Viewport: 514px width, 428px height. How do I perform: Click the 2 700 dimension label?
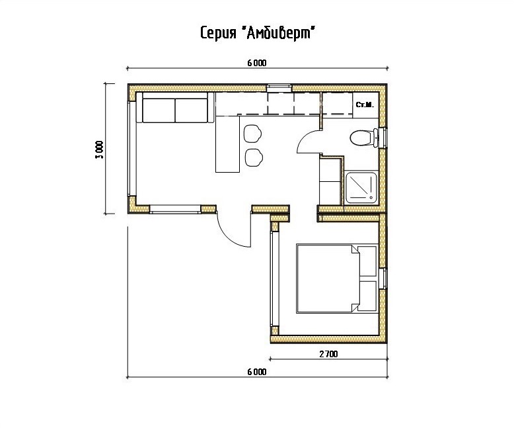point(328,354)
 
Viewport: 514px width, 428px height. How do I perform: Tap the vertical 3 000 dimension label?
point(99,150)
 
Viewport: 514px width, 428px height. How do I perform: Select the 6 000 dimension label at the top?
point(257,63)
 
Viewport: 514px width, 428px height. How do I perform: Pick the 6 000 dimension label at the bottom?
point(257,372)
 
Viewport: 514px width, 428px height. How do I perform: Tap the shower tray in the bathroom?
point(361,187)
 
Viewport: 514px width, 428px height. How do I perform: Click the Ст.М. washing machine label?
point(365,105)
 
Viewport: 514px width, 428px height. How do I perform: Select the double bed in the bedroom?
point(337,278)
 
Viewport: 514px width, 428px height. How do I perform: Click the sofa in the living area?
point(175,107)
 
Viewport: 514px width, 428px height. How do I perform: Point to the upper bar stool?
point(252,134)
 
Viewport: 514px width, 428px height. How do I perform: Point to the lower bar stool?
point(254,157)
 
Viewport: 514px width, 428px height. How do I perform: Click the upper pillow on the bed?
point(367,261)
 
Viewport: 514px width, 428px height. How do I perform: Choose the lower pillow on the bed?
point(367,296)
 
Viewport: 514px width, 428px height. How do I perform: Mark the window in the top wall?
point(279,87)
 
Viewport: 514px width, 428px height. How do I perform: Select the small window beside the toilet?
point(383,138)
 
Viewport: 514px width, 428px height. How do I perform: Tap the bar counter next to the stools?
point(227,144)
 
